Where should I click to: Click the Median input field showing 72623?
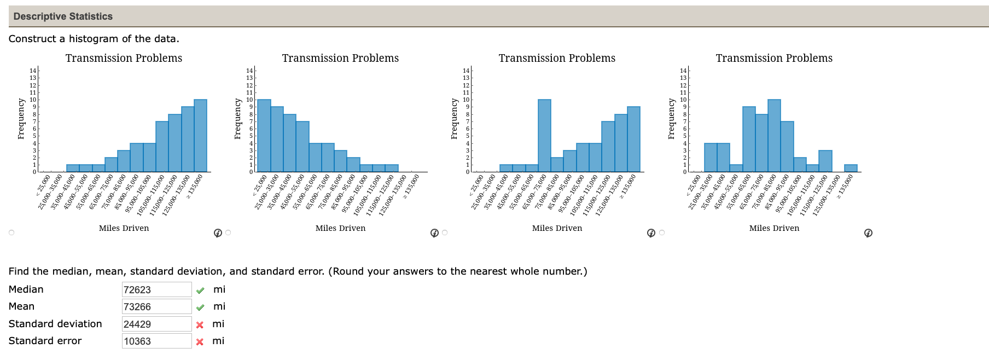(x=156, y=289)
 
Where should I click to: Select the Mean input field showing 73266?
(x=156, y=306)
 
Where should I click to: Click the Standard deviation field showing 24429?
(x=156, y=324)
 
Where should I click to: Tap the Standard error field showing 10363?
(x=156, y=341)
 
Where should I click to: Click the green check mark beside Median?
(x=200, y=291)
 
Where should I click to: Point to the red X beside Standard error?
(x=200, y=342)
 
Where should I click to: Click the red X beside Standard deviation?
(x=200, y=325)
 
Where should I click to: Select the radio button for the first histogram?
(x=11, y=233)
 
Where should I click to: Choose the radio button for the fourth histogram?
(x=662, y=233)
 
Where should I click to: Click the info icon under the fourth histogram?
(x=868, y=233)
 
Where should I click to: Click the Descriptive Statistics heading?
(x=63, y=16)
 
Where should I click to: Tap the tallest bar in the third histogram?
(x=544, y=136)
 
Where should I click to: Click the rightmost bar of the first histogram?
(x=200, y=136)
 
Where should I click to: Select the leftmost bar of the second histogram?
(x=264, y=136)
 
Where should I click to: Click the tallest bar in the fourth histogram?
(x=774, y=136)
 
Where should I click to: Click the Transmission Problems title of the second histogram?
(x=340, y=58)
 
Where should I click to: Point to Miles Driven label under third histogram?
(x=557, y=228)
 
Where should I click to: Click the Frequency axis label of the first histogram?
(x=21, y=119)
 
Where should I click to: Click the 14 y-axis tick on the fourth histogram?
(x=683, y=71)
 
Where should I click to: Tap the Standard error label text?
(x=45, y=341)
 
